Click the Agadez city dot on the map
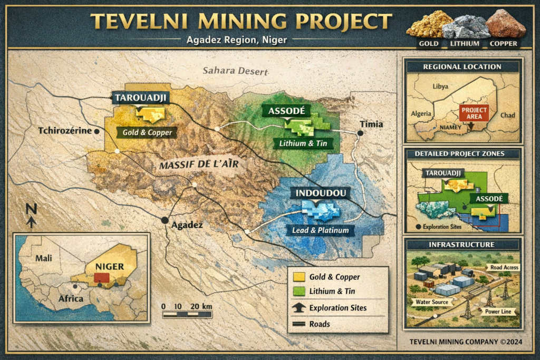click(x=165, y=220)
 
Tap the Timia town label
click(x=371, y=124)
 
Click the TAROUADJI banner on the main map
click(x=138, y=98)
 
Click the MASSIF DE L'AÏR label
click(x=199, y=165)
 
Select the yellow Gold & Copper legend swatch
click(x=299, y=277)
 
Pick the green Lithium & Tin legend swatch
click(x=299, y=291)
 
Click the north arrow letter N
click(x=31, y=209)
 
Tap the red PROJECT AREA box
click(x=474, y=113)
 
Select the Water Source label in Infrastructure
click(x=432, y=303)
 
